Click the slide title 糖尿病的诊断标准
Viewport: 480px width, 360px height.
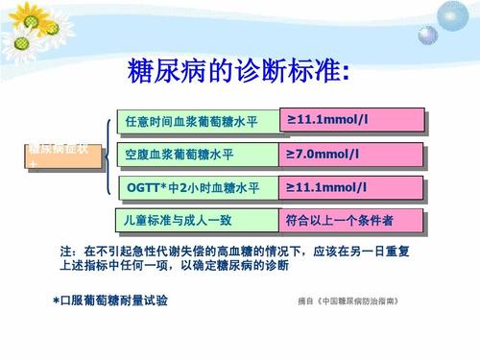pos(239,71)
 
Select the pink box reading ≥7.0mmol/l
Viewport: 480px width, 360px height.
pos(350,153)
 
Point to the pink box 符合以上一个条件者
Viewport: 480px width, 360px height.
pos(350,220)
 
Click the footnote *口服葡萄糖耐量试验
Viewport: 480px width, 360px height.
pos(110,300)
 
